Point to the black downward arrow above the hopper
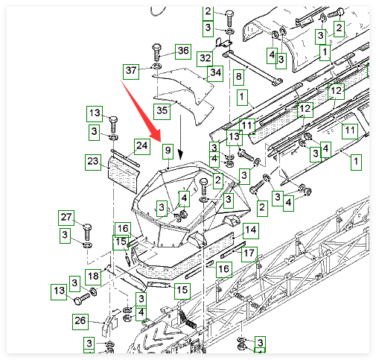point(181,137)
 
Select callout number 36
point(183,51)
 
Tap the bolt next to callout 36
point(157,52)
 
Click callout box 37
point(131,72)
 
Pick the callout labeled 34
point(215,74)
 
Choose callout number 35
point(162,111)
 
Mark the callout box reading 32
point(205,59)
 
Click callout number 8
point(238,77)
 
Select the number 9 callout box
point(168,151)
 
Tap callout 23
point(93,162)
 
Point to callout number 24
point(142,147)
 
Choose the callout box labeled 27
point(66,218)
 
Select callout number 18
point(93,277)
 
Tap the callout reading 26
point(80,322)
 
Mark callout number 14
point(251,231)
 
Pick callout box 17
point(249,254)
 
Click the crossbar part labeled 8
point(252,68)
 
